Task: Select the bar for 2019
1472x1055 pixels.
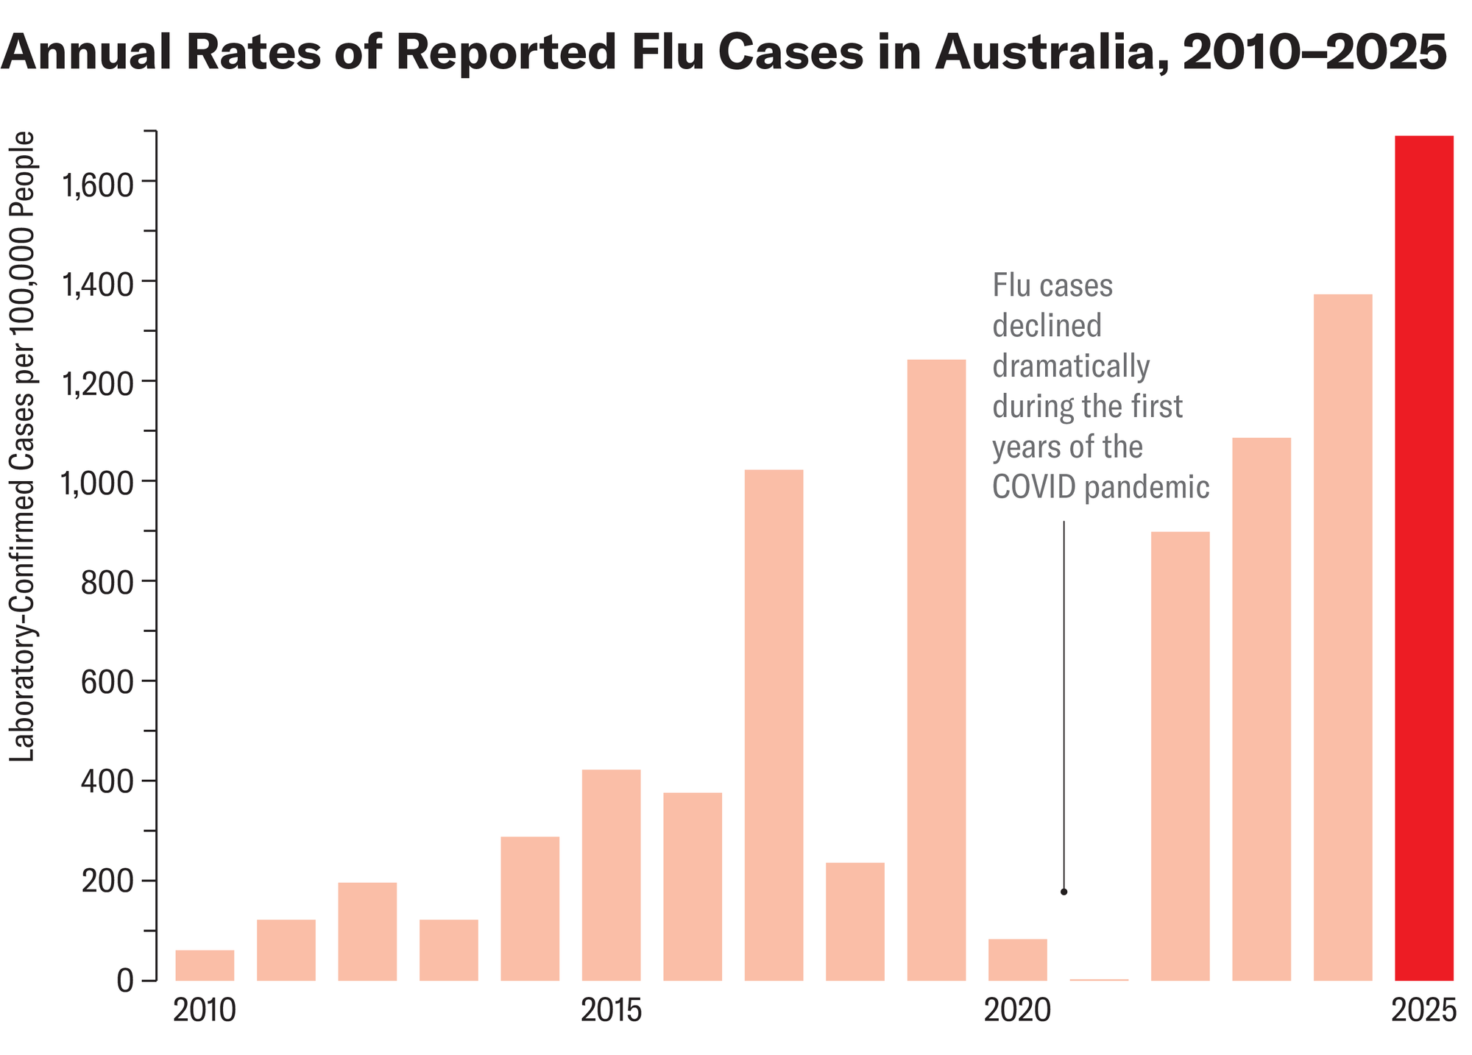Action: click(x=936, y=669)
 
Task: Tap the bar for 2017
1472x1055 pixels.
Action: click(x=774, y=725)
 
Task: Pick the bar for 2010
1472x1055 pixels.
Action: click(x=205, y=965)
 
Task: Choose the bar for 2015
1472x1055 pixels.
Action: click(x=611, y=875)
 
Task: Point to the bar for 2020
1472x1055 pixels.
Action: click(x=1017, y=959)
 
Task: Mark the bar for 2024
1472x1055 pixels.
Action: click(x=1342, y=637)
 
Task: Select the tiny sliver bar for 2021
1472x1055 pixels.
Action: click(x=1099, y=979)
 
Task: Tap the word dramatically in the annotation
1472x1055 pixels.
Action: click(x=1071, y=366)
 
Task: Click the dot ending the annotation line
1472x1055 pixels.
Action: click(x=1064, y=892)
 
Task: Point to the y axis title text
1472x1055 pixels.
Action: click(x=23, y=447)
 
